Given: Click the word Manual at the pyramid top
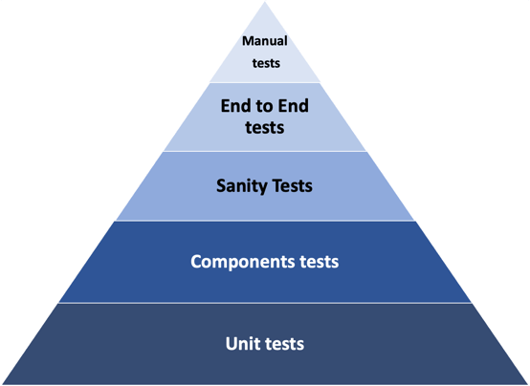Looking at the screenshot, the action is tap(265, 41).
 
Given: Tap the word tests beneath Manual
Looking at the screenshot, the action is tap(266, 63).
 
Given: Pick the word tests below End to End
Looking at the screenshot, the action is tap(265, 127).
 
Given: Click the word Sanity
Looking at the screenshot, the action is tap(242, 186).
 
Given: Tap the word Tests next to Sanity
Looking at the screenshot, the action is tap(293, 185).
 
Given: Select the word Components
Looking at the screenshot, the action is tap(242, 262).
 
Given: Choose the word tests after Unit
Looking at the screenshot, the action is tap(284, 344).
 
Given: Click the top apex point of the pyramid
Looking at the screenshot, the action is tap(265, 2).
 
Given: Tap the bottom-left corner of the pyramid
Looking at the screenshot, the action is tap(1, 384).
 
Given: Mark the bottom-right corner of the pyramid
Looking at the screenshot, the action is tap(529, 384).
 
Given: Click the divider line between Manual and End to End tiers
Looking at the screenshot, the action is tap(265, 82).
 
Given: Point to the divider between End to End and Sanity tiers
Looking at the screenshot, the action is tap(265, 151).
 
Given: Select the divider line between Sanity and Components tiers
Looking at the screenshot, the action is tap(265, 221).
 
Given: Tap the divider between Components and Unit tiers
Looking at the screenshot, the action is tap(265, 303).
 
